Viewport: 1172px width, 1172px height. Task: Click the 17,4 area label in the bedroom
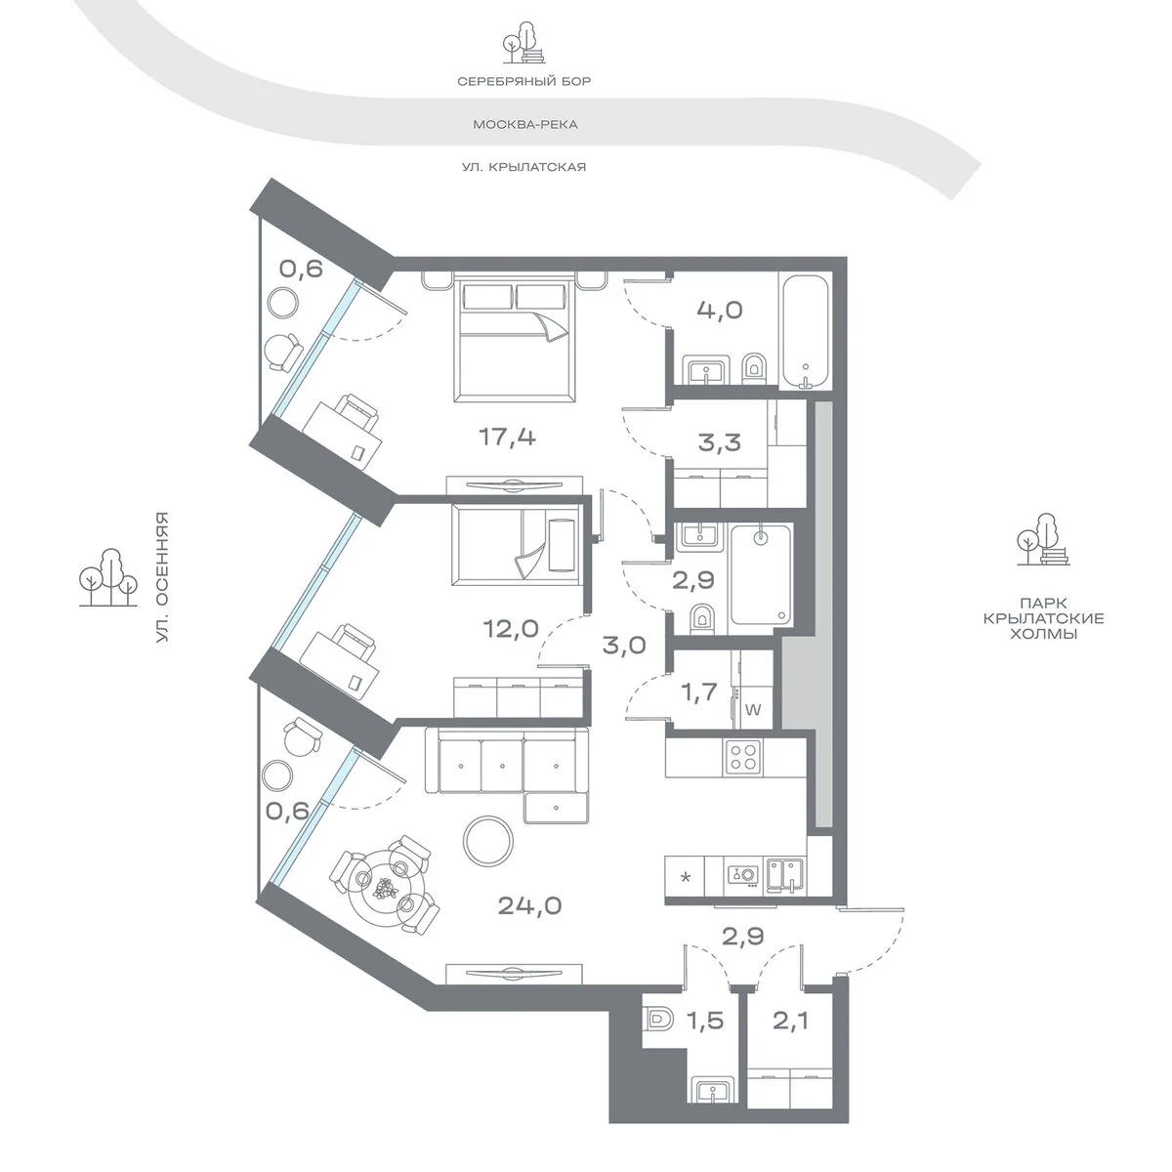click(x=507, y=437)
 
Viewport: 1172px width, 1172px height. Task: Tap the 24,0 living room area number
click(x=529, y=905)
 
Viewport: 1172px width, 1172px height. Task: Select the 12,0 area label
click(x=511, y=628)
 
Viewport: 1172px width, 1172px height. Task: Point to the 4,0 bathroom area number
click(x=720, y=311)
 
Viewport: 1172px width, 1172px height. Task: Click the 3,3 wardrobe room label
click(x=720, y=442)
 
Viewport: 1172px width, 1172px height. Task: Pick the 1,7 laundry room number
click(x=699, y=692)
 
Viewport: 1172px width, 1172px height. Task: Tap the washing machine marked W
click(x=753, y=710)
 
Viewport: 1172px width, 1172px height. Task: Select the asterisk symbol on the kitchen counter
click(x=686, y=877)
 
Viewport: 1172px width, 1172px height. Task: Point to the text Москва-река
click(x=524, y=125)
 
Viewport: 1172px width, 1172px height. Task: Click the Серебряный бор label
click(x=523, y=81)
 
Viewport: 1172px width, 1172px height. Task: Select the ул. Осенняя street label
click(x=162, y=578)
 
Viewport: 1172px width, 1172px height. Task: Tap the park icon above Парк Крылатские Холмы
click(x=1044, y=540)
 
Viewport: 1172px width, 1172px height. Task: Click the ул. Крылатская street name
click(x=523, y=167)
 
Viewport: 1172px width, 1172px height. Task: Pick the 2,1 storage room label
click(x=791, y=1020)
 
